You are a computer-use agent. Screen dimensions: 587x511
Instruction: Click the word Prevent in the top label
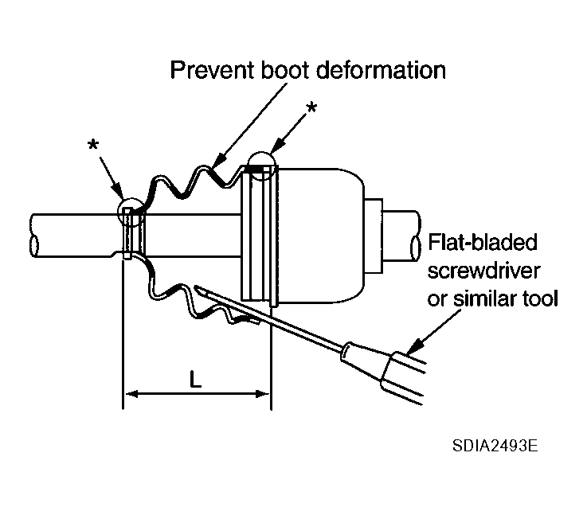click(x=213, y=70)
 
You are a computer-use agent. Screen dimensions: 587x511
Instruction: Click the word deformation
click(x=381, y=70)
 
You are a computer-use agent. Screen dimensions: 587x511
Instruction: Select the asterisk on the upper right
click(x=311, y=107)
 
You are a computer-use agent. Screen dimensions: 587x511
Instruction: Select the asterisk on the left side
click(x=93, y=144)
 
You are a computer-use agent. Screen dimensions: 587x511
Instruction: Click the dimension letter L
click(x=195, y=379)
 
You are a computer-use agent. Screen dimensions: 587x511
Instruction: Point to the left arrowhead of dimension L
click(x=131, y=393)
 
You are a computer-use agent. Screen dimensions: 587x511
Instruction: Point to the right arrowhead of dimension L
click(x=262, y=393)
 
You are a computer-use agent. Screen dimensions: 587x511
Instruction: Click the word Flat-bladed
click(x=483, y=243)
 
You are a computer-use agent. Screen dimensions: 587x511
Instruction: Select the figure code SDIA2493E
click(x=495, y=446)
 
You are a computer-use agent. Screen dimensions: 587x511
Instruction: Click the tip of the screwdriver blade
click(x=196, y=287)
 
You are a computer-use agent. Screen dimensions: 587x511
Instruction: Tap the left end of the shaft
click(x=33, y=236)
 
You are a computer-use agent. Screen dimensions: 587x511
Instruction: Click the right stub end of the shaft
click(x=415, y=236)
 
